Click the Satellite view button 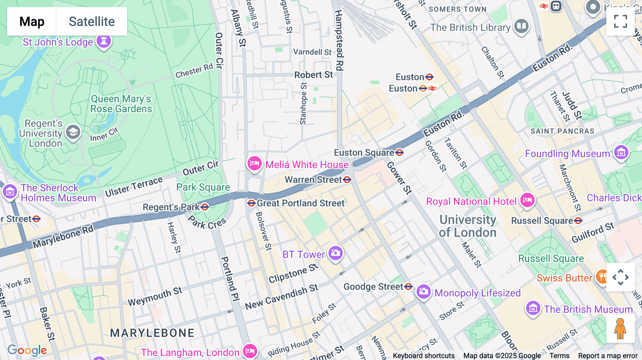92,21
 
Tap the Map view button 32,21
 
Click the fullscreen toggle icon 620,21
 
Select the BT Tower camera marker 335,253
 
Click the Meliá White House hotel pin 255,164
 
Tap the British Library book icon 521,26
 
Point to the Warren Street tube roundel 347,180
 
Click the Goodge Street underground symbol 409,286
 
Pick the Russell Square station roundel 578,221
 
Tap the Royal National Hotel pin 527,200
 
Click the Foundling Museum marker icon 621,153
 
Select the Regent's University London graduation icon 73,132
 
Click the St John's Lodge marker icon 104,41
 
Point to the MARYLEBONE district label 152,333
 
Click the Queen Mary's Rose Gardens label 121,104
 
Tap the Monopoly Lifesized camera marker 423,292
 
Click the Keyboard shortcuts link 423,356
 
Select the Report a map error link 607,356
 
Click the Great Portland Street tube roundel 251,203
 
